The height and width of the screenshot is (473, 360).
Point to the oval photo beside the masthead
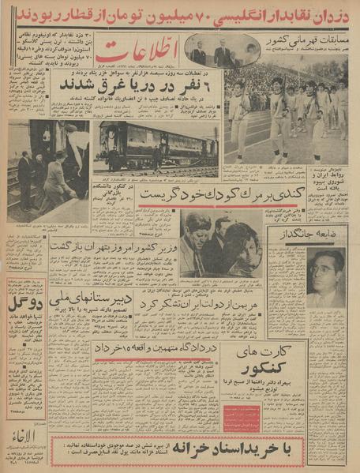pyautogui.click(x=222, y=50)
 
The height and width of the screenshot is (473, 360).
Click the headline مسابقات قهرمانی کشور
pyautogui.click(x=310, y=37)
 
